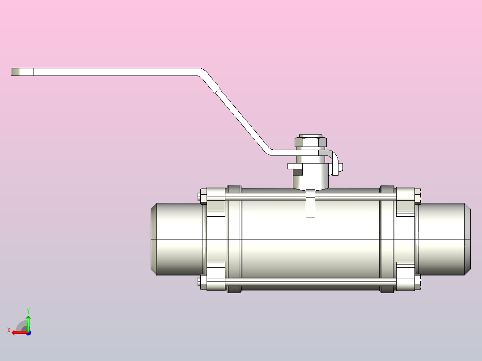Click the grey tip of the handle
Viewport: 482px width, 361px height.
[16, 72]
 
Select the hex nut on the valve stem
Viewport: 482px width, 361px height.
[311, 142]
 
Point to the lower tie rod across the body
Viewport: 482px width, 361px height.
[311, 281]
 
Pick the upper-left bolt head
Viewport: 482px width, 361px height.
[203, 196]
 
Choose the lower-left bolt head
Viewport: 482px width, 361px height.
[203, 282]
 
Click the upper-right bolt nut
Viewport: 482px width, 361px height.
[418, 196]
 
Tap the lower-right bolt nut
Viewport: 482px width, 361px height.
[418, 282]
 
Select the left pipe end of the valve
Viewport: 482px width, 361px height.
[177, 239]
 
